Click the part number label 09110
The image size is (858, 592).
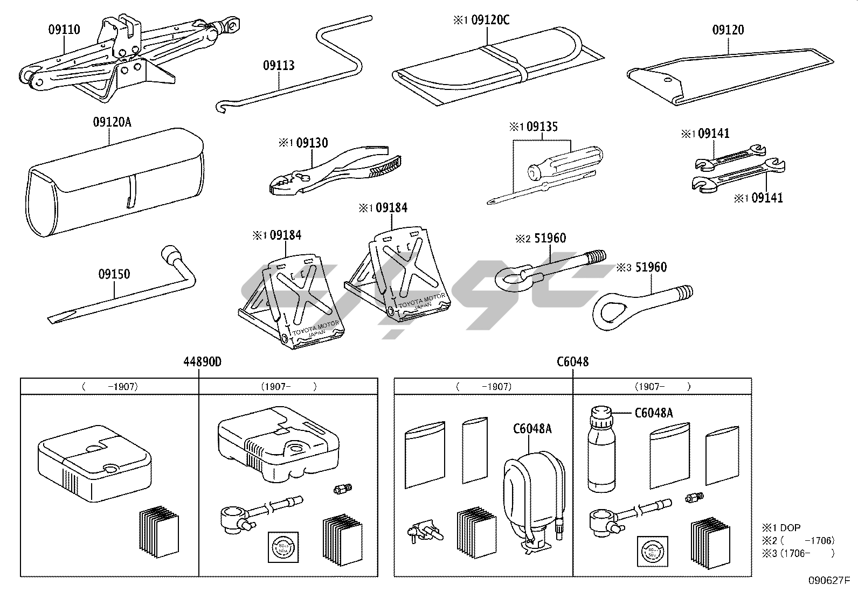coord(64,29)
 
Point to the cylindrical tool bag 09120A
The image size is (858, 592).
coord(113,183)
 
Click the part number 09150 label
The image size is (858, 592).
coord(114,274)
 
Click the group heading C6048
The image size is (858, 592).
coord(572,361)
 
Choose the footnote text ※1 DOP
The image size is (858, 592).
coord(781,527)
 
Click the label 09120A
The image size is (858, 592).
coord(112,122)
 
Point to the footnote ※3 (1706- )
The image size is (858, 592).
coord(798,553)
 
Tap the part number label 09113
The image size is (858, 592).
coord(279,66)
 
